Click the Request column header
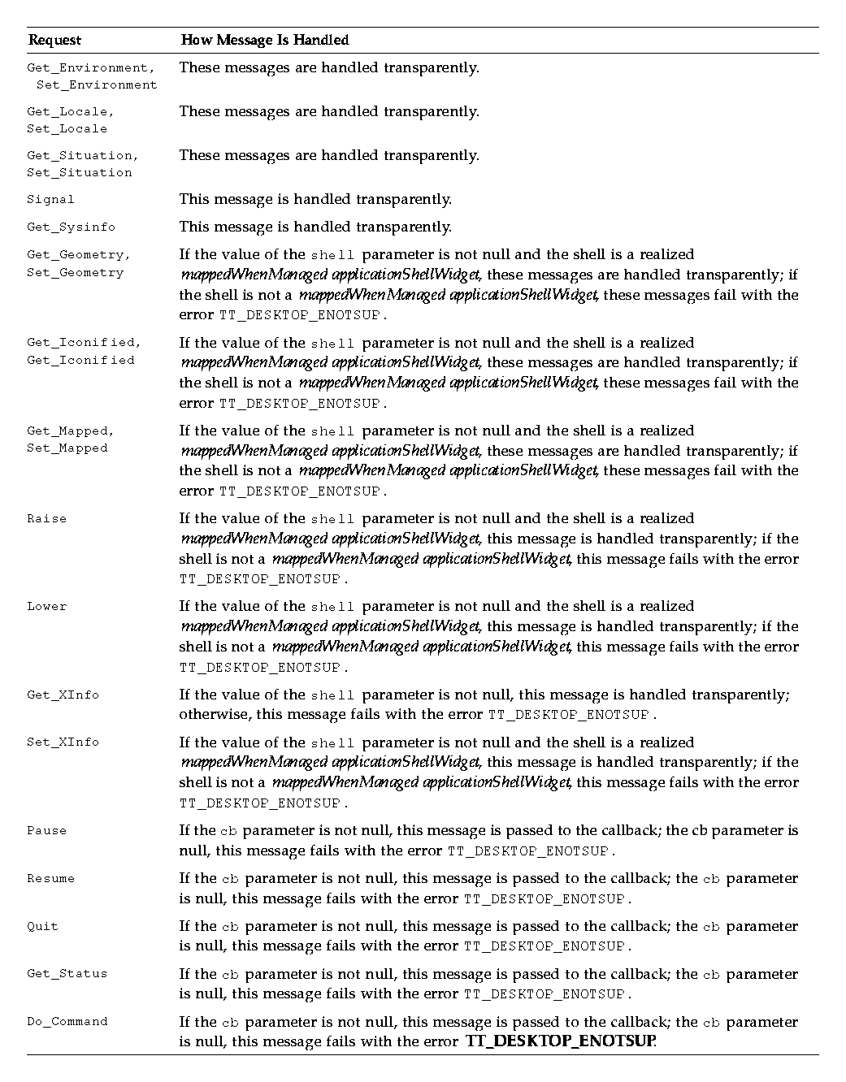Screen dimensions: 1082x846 click(54, 40)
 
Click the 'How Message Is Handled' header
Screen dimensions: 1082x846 click(264, 40)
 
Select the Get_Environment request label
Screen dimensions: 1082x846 click(90, 67)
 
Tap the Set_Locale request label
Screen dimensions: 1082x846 click(67, 128)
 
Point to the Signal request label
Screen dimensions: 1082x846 click(50, 199)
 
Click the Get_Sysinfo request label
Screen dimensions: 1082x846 click(71, 227)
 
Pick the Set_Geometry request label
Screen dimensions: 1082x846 click(75, 272)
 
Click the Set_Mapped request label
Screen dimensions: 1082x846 click(67, 448)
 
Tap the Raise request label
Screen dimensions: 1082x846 click(46, 518)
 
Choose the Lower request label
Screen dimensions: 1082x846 click(46, 606)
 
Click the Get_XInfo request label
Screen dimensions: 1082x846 click(63, 695)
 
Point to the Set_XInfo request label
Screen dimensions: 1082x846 click(63, 742)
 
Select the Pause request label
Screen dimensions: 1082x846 click(46, 830)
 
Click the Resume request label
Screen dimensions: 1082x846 click(50, 878)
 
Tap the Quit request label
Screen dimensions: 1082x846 click(42, 926)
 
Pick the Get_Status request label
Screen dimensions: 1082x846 click(67, 973)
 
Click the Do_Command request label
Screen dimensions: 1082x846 click(67, 1021)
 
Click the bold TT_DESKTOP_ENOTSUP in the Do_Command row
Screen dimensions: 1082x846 click(560, 1041)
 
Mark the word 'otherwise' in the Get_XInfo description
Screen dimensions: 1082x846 click(210, 715)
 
